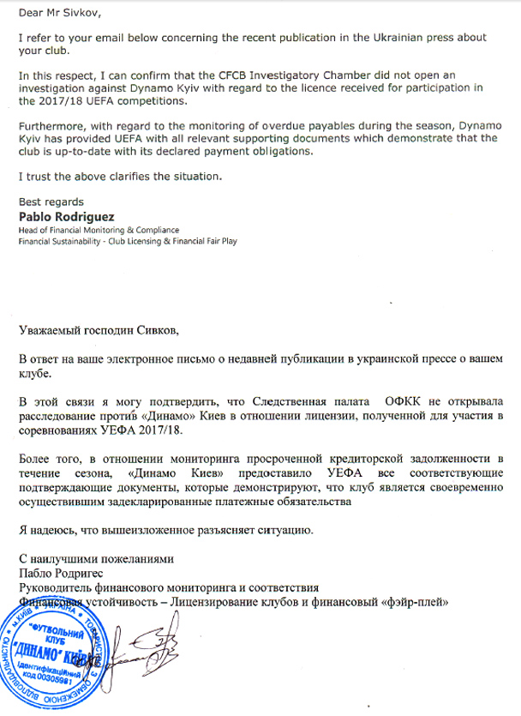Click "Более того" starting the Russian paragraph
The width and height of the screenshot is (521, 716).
pos(49,456)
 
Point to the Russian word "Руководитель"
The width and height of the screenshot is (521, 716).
pos(59,587)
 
